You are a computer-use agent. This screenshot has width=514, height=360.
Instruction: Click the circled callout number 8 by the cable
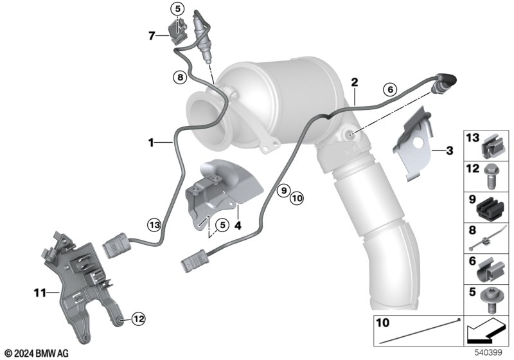[181, 78]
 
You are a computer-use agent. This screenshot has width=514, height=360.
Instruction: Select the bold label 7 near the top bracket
[152, 36]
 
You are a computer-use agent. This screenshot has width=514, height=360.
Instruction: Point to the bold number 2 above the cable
[354, 82]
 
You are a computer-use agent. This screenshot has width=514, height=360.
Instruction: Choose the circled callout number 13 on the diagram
[153, 224]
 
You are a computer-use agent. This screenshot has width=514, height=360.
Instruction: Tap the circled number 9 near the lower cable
[283, 190]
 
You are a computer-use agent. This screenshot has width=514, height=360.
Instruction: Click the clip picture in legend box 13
[492, 147]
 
